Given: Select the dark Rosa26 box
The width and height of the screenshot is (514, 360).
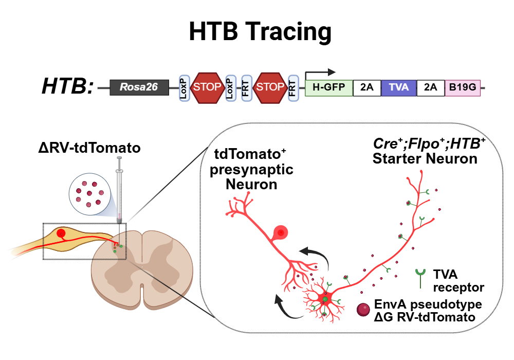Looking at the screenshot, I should [139, 87].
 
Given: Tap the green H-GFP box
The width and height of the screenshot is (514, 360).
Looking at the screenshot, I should [329, 87].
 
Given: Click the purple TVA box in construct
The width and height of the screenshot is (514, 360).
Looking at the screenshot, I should [399, 87].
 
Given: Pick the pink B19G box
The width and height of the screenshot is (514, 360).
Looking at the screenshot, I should [462, 87].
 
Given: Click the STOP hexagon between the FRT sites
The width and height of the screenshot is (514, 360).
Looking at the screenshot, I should [269, 87].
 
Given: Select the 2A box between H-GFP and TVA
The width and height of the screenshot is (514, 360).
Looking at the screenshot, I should [366, 87].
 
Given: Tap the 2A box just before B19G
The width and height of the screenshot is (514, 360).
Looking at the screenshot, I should [430, 87].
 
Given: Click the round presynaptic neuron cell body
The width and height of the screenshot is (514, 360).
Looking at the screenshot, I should [281, 233].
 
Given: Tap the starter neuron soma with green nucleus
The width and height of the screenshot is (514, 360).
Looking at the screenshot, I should [325, 298].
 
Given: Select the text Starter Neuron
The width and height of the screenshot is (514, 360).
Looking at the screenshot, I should [425, 158].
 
